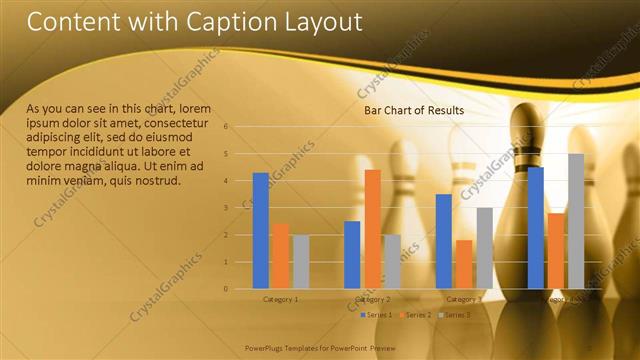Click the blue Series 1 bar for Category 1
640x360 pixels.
260,231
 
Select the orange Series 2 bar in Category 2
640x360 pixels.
372,229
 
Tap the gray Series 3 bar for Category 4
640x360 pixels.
576,221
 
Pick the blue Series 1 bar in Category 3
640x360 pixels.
443,241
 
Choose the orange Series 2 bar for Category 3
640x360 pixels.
463,264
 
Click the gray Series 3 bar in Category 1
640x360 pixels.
301,261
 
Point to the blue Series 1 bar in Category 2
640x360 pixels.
352,255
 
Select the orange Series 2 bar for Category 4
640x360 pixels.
556,251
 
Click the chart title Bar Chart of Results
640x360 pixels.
414,111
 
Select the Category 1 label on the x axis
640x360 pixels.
280,299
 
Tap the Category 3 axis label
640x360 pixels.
463,299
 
